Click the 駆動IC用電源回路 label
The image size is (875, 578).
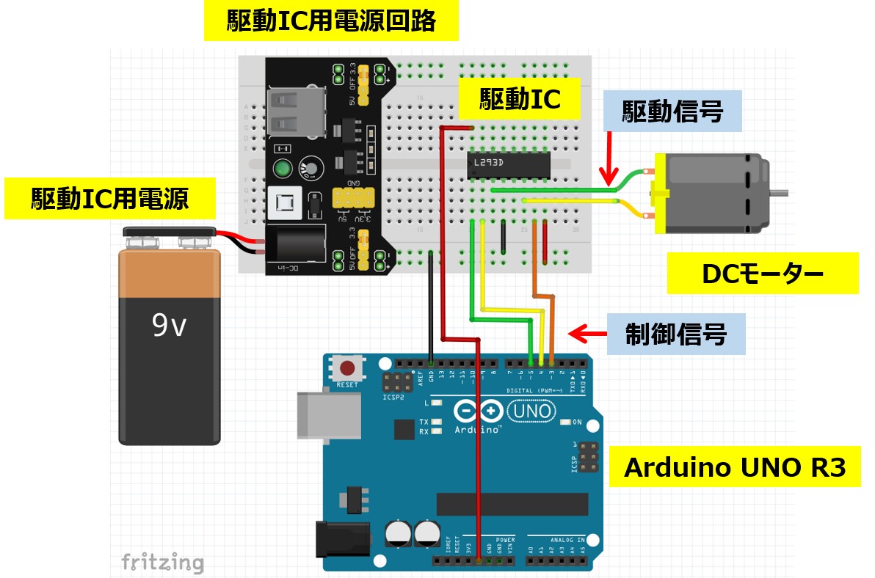[x=331, y=21]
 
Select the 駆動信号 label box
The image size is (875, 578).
[x=672, y=111]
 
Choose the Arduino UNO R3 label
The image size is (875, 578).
[x=734, y=467]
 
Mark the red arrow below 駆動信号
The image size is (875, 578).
[x=609, y=158]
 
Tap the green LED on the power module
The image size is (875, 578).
[x=283, y=169]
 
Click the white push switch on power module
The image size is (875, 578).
[x=283, y=203]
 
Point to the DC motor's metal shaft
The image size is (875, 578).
[x=781, y=194]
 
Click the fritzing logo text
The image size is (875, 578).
[x=161, y=562]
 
